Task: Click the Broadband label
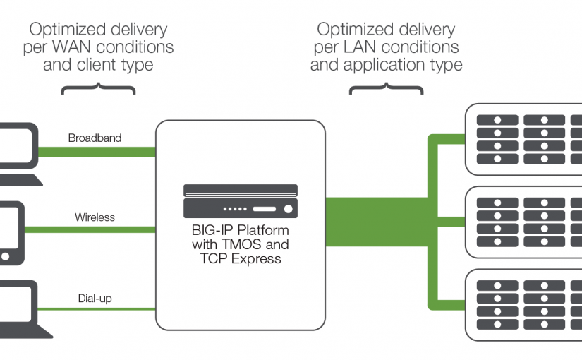(x=95, y=138)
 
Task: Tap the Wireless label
(x=95, y=217)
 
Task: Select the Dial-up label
(x=95, y=298)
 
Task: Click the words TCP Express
(x=241, y=259)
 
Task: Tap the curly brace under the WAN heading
(x=99, y=90)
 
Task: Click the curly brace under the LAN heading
(x=387, y=90)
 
